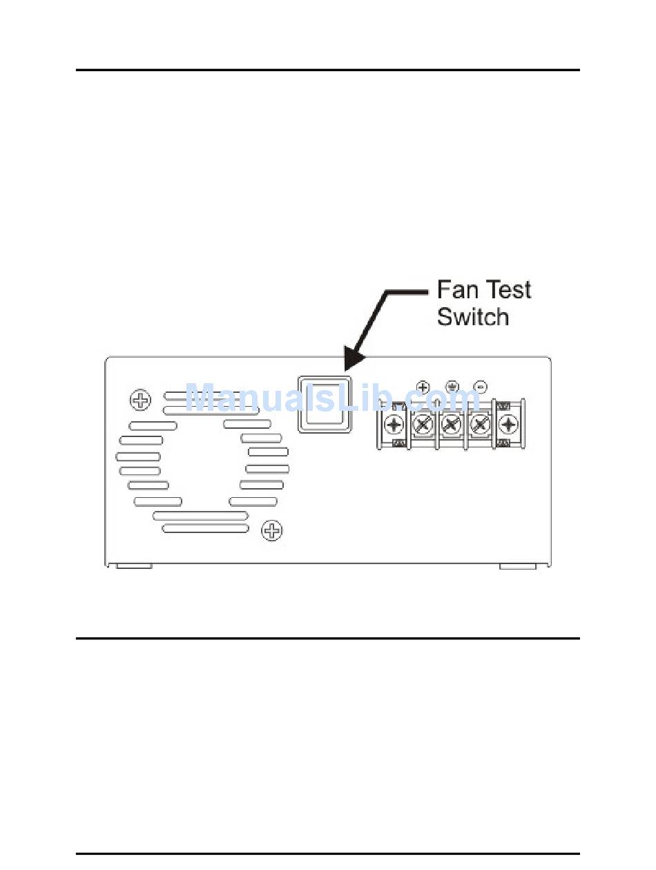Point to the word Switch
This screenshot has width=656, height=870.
pos(473,316)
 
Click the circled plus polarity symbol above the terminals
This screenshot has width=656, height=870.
pos(424,387)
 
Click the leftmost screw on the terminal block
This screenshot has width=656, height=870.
pos(394,423)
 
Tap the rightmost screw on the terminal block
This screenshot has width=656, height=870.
pos(509,423)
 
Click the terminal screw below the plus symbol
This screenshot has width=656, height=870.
pos(423,423)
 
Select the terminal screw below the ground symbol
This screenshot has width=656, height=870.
pos(452,423)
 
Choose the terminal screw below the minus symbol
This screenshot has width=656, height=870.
pos(480,423)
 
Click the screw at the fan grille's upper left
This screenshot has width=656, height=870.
pos(140,400)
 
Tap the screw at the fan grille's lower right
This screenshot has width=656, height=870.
pos(273,530)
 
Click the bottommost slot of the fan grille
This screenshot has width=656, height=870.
pos(205,528)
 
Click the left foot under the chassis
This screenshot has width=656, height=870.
pos(134,566)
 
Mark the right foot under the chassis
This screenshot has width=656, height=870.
pos(518,566)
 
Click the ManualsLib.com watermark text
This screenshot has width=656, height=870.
pos(331,399)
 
